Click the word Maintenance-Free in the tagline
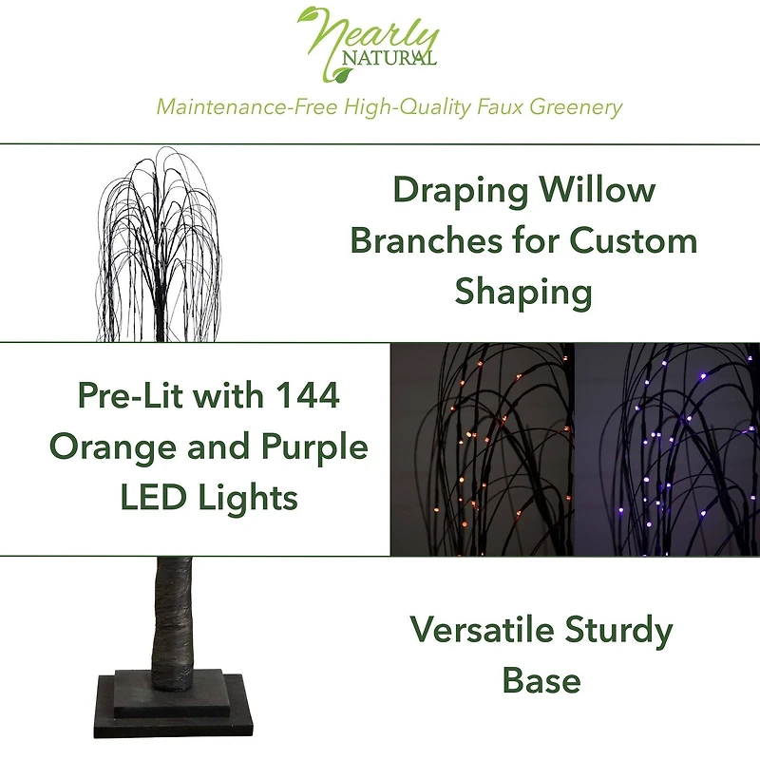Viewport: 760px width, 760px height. pos(235,105)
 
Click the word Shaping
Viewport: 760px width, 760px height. pos(523,291)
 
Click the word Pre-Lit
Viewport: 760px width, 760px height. pos(132,395)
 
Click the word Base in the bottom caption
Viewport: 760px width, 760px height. pos(541,680)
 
